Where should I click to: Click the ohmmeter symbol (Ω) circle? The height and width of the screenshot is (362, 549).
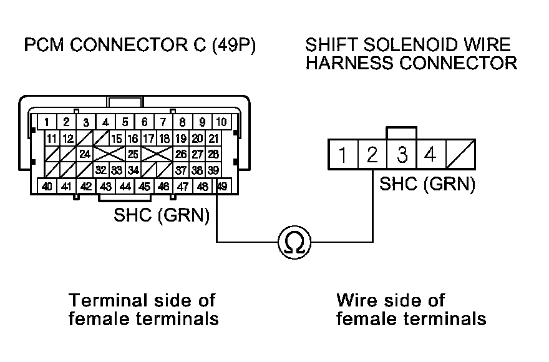click(x=293, y=241)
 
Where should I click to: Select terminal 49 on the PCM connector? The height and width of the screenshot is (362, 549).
click(x=221, y=185)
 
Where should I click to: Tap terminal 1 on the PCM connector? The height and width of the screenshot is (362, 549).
click(x=47, y=122)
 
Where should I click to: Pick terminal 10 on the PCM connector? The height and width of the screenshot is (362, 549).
click(x=221, y=122)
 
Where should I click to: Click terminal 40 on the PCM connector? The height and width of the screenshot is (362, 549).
click(x=47, y=185)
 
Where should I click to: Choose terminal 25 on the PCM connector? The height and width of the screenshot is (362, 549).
click(x=132, y=154)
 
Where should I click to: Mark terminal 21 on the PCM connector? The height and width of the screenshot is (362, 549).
click(x=213, y=138)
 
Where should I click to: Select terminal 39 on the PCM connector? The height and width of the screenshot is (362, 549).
click(x=213, y=169)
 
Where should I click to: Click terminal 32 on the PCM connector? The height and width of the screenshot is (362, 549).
click(x=101, y=169)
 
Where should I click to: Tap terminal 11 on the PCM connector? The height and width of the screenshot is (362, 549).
click(x=52, y=138)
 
